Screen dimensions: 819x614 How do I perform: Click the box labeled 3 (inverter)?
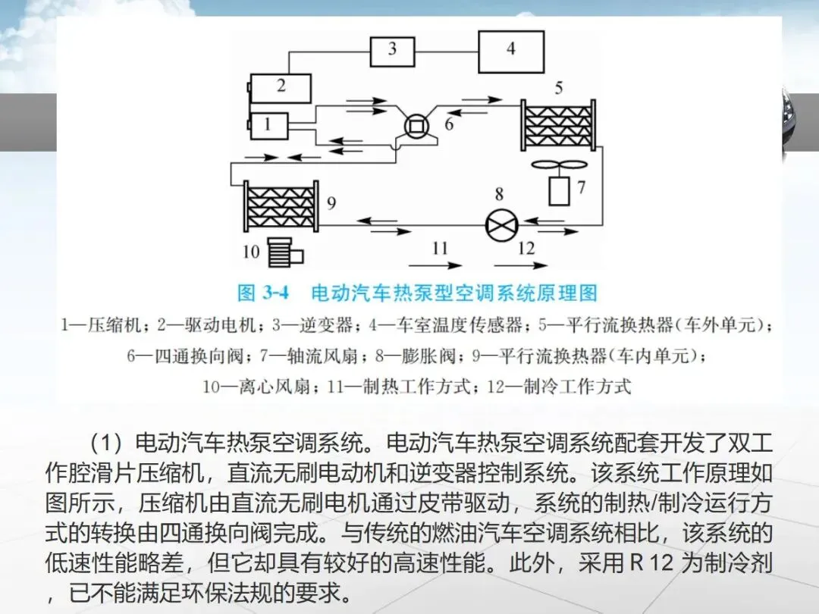tap(392, 51)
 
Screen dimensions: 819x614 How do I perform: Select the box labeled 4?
tap(510, 51)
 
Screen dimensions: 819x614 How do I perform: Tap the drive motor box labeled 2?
tap(281, 88)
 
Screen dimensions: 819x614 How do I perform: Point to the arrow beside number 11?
tap(435, 265)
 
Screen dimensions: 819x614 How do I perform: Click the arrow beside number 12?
tap(520, 265)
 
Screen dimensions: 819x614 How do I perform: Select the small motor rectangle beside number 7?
tap(560, 190)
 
